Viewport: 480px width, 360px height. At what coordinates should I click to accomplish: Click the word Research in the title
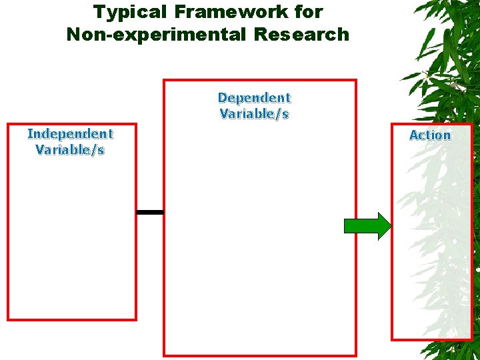[x=301, y=34]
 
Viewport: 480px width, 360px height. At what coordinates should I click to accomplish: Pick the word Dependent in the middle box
[x=254, y=98]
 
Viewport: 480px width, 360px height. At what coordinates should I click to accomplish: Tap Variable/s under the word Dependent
[x=254, y=114]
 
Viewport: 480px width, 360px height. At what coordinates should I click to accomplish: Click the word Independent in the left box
[x=70, y=134]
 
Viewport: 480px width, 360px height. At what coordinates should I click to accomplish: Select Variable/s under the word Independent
[x=70, y=150]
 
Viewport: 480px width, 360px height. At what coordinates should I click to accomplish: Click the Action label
[x=430, y=135]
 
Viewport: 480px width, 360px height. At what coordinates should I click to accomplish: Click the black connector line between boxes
[x=150, y=212]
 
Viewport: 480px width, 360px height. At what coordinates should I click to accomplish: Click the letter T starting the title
[x=99, y=12]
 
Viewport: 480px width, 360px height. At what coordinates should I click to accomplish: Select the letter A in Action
[x=414, y=135]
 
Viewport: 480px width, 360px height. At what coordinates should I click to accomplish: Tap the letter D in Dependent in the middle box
[x=223, y=98]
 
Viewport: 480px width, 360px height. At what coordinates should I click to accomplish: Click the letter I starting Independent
[x=29, y=134]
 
